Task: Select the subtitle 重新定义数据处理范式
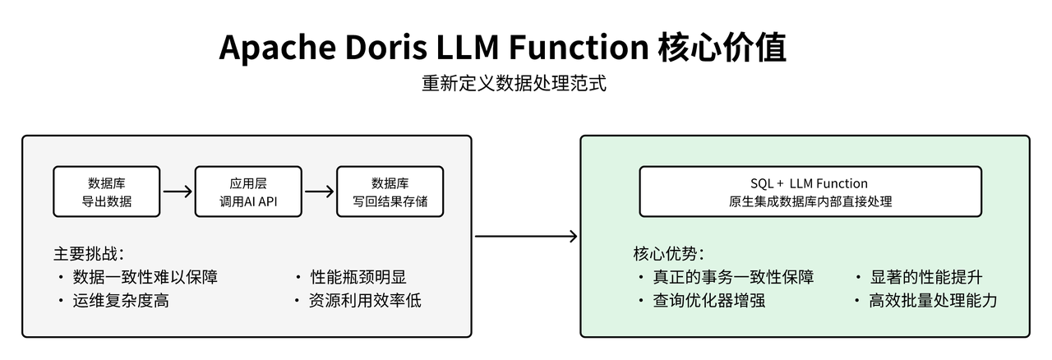[514, 84]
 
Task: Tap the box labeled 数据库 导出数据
[106, 192]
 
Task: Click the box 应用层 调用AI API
[248, 192]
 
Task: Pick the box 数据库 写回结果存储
[390, 192]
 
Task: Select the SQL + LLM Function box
[810, 192]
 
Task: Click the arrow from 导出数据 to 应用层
[177, 192]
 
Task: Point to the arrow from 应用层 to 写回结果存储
[319, 192]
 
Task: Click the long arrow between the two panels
[526, 237]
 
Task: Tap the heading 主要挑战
[89, 254]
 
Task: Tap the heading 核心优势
[668, 254]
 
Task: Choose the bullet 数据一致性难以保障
[145, 277]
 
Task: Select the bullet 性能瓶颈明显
[358, 277]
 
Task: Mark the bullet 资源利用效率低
[365, 301]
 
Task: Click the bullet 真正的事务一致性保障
[733, 277]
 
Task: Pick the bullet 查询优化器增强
[708, 301]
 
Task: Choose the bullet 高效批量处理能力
[933, 301]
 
